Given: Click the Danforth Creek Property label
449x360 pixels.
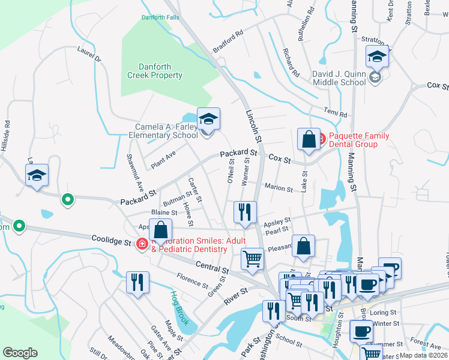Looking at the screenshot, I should point(154,71).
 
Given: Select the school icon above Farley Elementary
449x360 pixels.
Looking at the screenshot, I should point(208,119).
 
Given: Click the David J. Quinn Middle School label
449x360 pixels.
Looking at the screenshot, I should point(339,78).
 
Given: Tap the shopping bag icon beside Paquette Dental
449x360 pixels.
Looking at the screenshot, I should point(308,139).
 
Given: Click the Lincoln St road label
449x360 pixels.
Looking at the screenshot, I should point(255,125).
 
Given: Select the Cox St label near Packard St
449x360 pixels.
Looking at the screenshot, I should point(279,160).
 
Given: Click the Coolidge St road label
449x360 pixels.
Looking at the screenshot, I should point(110,241).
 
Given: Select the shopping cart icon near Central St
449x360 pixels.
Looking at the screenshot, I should point(252,259).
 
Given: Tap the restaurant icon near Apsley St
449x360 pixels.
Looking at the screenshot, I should point(244,212).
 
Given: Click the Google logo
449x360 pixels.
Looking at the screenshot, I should point(20,353).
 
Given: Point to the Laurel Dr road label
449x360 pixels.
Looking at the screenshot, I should point(89,55).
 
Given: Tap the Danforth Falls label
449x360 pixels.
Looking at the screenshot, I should point(160,17).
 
